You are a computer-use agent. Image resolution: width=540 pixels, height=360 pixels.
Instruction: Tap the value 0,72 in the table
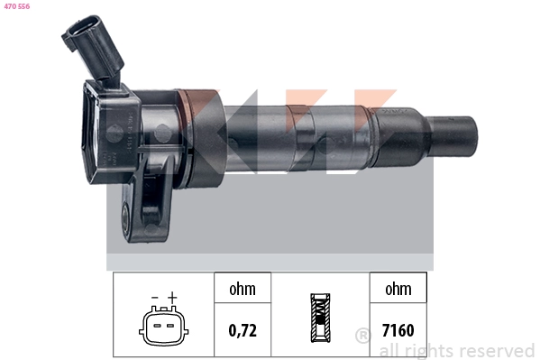click(243, 329)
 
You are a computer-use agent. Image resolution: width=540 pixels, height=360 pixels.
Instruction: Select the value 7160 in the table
click(398, 329)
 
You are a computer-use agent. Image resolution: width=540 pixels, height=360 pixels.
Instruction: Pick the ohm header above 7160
click(398, 290)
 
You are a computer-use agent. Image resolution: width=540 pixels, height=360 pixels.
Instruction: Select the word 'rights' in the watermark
click(431, 350)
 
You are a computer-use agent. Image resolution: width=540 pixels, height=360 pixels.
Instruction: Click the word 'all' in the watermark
click(392, 350)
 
